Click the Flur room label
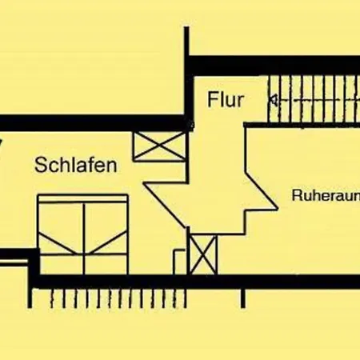coord(226,99)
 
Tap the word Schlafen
coord(76,166)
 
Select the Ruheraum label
coord(326,195)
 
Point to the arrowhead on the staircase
coord(274,101)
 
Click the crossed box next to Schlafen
coord(160,146)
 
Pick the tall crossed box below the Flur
coord(203,254)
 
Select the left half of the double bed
coord(61,238)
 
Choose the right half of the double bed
coord(106,238)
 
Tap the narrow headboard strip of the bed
coord(83,198)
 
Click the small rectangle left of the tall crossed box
coord(179,262)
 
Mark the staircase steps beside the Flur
coord(314,99)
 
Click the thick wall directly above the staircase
coord(274,66)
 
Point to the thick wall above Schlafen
coord(94,123)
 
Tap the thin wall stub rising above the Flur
coord(186,42)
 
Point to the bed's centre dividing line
coord(84,238)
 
